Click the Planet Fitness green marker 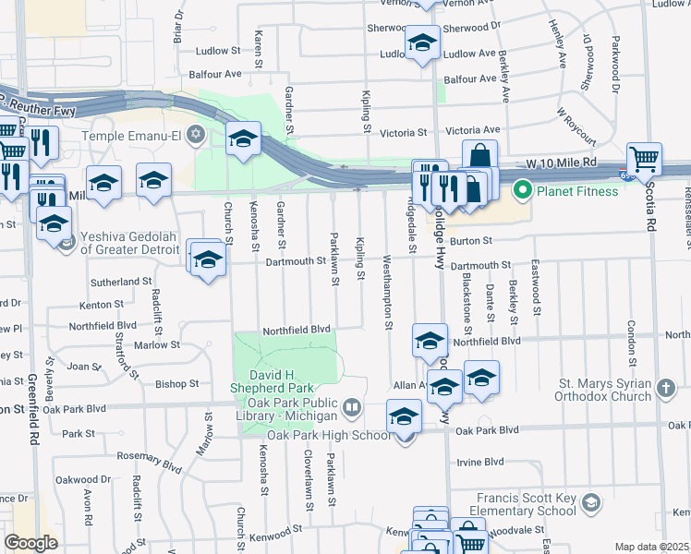point(522,192)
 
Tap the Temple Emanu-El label point(134,136)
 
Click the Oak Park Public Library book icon point(351,406)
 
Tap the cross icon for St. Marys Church point(664,390)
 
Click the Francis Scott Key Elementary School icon point(591,504)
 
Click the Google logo point(30,542)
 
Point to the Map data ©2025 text point(650,547)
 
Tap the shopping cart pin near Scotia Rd point(644,158)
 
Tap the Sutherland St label point(121,281)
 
